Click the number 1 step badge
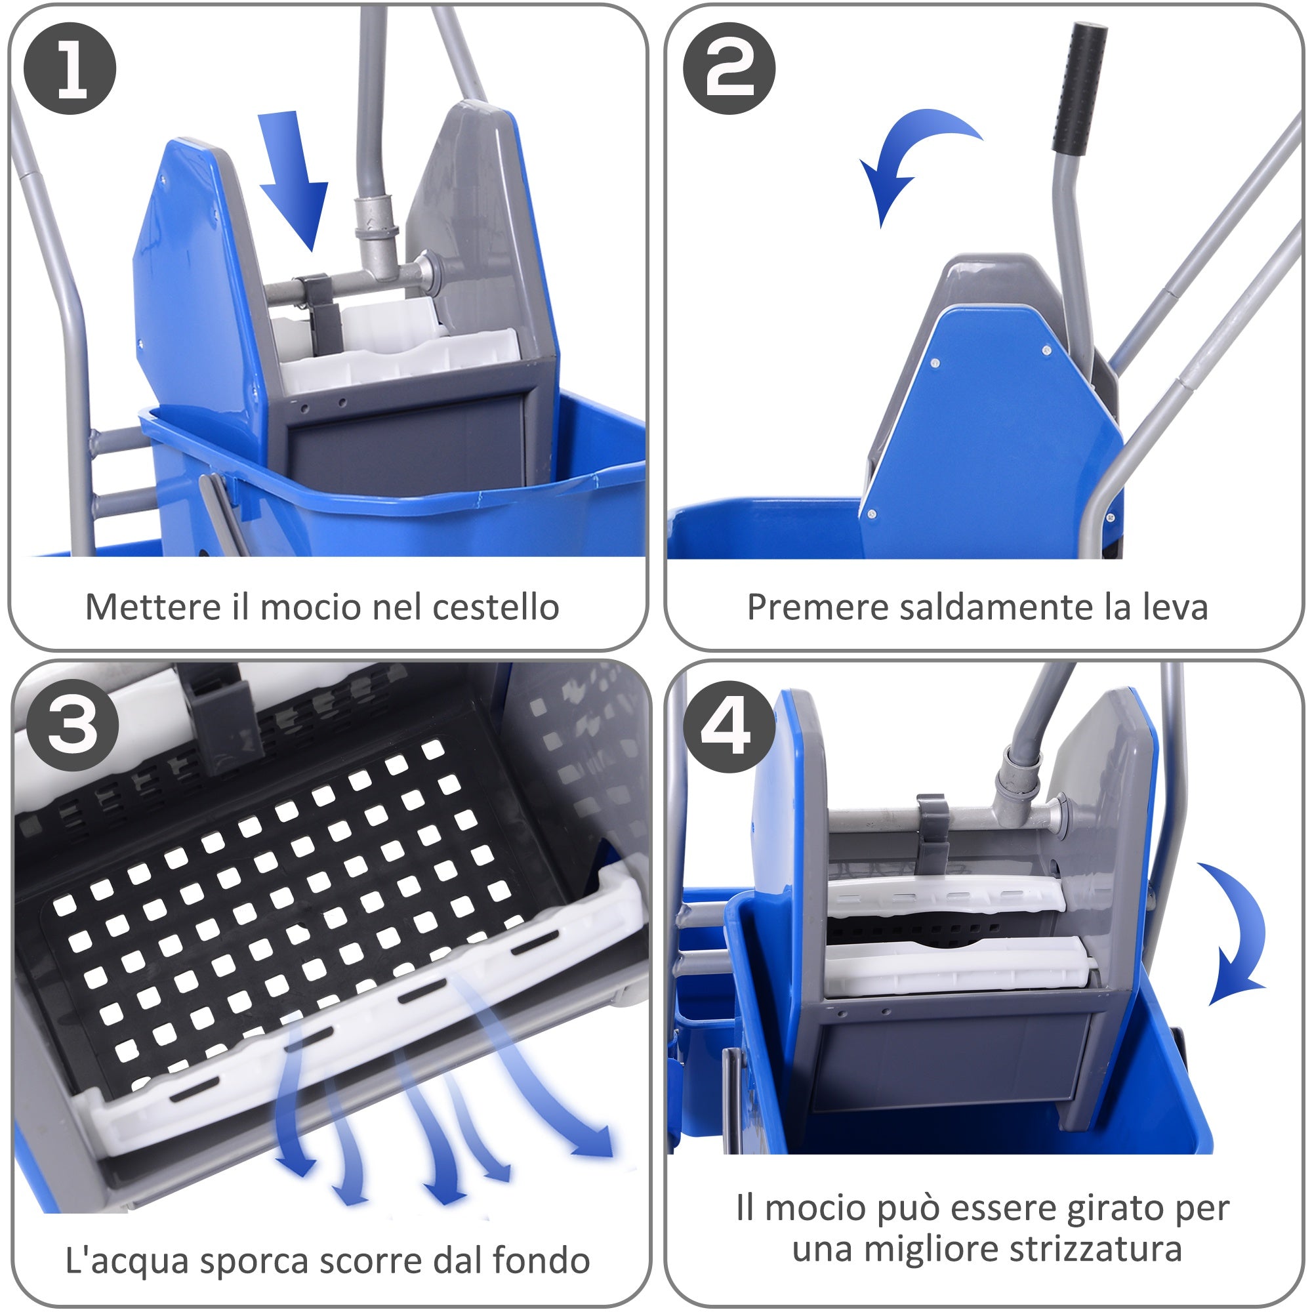[x=70, y=69]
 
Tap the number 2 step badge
[x=729, y=69]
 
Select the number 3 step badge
[x=73, y=725]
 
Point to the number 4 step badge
[x=729, y=727]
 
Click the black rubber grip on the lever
[x=1080, y=89]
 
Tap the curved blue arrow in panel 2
[x=910, y=156]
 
